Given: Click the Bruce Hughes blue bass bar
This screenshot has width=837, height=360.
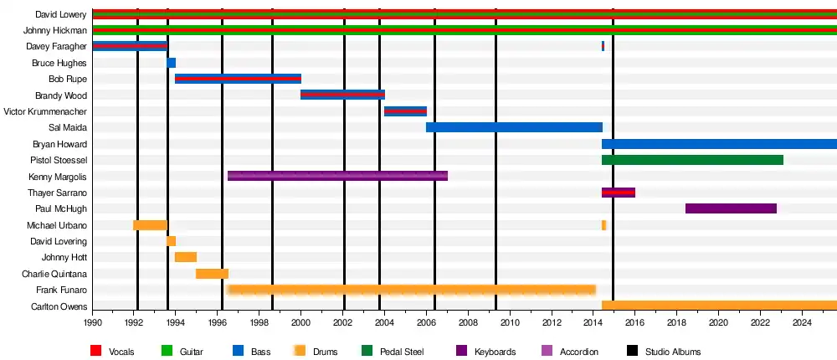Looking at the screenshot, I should pyautogui.click(x=172, y=63).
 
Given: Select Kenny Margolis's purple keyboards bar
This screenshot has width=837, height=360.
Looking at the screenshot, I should pyautogui.click(x=337, y=176).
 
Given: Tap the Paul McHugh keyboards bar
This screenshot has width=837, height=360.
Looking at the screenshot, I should pyautogui.click(x=731, y=208).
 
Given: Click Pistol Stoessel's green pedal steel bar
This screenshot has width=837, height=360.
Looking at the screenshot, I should pyautogui.click(x=692, y=160).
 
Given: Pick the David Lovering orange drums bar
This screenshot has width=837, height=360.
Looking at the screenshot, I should pyautogui.click(x=171, y=241).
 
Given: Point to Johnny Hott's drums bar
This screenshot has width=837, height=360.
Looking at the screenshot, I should pyautogui.click(x=186, y=257).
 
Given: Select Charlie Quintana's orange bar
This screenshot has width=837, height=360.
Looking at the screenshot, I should pyautogui.click(x=212, y=274).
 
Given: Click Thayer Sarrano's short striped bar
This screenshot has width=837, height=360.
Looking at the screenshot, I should pyautogui.click(x=619, y=193).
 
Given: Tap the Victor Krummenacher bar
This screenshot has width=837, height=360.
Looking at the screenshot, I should pyautogui.click(x=405, y=111).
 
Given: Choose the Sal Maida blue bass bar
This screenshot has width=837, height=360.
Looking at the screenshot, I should pyautogui.click(x=514, y=127).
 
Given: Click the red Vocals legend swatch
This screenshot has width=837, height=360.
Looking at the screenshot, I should pyautogui.click(x=95, y=352).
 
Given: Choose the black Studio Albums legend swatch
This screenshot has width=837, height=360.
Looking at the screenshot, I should pyautogui.click(x=631, y=352).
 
